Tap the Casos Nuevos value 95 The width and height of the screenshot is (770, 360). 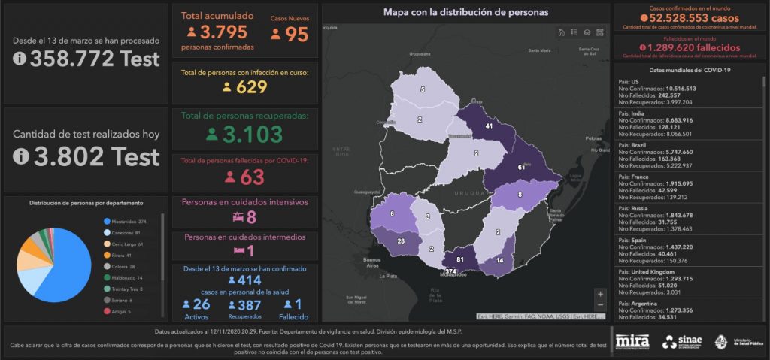pyautogui.click(x=298, y=35)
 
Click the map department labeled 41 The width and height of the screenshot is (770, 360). pyautogui.click(x=489, y=126)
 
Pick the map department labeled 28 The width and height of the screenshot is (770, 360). pyautogui.click(x=400, y=241)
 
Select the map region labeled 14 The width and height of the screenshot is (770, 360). pyautogui.click(x=500, y=260)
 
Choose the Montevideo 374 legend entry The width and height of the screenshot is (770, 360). pyautogui.click(x=126, y=221)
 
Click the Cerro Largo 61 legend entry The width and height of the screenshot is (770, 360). pyautogui.click(x=126, y=244)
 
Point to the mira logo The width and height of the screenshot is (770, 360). pyautogui.click(x=632, y=342)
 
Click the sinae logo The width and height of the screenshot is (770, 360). pyautogui.click(x=683, y=342)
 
